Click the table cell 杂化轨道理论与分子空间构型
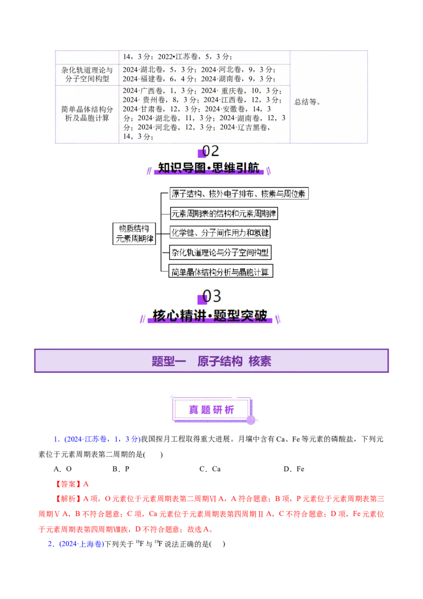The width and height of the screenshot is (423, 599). coord(87,74)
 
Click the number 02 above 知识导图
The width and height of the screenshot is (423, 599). coord(210,152)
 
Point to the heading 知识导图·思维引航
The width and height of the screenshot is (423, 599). coord(211,168)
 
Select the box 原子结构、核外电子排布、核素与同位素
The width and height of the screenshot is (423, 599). coord(239,194)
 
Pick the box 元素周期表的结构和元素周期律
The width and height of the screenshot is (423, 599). coord(223,214)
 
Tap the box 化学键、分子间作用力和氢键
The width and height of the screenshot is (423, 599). coord(219,232)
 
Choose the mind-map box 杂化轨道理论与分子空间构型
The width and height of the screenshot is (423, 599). coord(219,252)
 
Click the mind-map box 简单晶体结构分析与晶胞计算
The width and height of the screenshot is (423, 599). coord(220,272)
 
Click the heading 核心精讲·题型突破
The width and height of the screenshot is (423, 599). coord(211,315)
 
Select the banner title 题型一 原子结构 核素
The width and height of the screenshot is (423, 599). coord(212,361)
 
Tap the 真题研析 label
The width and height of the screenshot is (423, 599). coord(212,410)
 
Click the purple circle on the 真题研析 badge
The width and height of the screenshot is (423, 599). coord(251,420)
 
